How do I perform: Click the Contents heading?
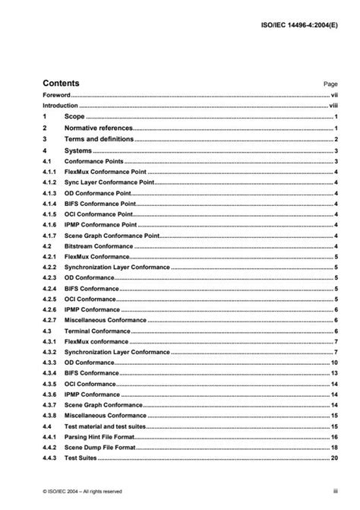[61, 83]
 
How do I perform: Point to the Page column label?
[330, 84]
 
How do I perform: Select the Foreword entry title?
[56, 96]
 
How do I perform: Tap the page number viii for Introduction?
[333, 106]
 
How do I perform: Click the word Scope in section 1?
[75, 118]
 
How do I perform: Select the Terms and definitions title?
[99, 140]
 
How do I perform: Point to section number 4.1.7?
[50, 236]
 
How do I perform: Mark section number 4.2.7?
[50, 321]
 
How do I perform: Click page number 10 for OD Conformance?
[333, 363]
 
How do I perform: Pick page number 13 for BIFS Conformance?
[333, 374]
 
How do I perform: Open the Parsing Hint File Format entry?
[103, 438]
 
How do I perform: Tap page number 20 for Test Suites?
[333, 459]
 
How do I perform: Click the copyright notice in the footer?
[82, 492]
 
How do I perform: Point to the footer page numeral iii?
[335, 492]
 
